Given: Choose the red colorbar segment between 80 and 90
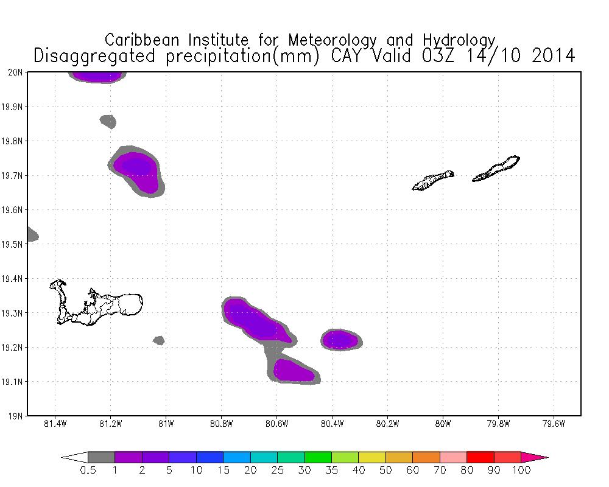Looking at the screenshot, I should click(480, 457).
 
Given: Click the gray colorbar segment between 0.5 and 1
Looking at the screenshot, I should click(101, 457).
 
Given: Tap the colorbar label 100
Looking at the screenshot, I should click(521, 470).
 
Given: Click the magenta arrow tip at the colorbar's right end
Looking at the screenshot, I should click(541, 457).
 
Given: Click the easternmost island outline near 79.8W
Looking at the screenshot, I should click(496, 169).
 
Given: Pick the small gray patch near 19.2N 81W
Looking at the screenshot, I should click(159, 340).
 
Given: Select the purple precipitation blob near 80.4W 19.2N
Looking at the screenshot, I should click(340, 339).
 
